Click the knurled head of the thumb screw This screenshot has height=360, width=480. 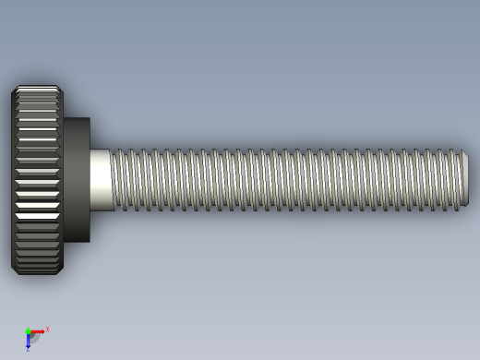(x=37, y=180)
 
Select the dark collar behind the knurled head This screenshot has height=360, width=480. (x=76, y=180)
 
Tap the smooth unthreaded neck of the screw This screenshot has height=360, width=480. (x=101, y=180)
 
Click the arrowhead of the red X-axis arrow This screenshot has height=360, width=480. (x=42, y=330)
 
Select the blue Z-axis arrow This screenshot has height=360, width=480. (x=28, y=342)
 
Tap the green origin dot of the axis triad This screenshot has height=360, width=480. (x=28, y=331)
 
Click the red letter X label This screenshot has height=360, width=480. (x=47, y=329)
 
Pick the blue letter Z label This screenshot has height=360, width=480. (x=28, y=350)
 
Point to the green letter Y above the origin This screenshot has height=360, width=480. (x=28, y=326)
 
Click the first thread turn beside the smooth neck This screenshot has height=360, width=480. (x=116, y=180)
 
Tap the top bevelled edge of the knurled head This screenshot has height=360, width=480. (x=37, y=89)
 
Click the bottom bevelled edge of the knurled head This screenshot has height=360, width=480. (x=37, y=271)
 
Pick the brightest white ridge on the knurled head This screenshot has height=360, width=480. (x=37, y=215)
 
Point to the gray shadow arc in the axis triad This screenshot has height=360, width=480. (x=35, y=339)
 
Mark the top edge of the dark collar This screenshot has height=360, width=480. (x=76, y=118)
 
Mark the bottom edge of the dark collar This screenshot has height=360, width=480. (x=76, y=242)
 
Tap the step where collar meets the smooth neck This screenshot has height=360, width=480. (x=90, y=180)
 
